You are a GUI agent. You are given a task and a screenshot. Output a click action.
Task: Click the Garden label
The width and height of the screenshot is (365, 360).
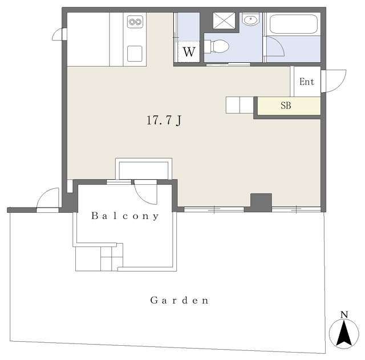click(179, 300)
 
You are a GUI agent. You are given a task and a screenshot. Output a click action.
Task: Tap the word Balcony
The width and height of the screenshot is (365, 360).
click(125, 216)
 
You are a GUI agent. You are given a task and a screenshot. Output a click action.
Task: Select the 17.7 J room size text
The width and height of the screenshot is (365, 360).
click(164, 120)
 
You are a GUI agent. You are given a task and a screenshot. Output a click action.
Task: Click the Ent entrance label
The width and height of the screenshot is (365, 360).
click(307, 82)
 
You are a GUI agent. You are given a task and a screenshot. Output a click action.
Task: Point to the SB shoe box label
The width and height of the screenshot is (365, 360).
click(286, 106)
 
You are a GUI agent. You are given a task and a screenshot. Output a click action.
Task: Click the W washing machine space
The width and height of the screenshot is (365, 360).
click(189, 52)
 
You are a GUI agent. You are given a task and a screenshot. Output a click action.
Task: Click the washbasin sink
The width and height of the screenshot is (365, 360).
click(250, 19)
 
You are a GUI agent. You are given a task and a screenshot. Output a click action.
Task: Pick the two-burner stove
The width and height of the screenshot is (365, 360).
click(135, 22)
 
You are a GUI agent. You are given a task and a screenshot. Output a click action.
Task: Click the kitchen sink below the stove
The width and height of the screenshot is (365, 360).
click(135, 54)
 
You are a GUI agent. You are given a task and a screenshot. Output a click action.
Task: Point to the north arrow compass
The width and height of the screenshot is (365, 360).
click(344, 334)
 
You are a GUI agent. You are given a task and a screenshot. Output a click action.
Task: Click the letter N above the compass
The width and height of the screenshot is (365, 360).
click(344, 314)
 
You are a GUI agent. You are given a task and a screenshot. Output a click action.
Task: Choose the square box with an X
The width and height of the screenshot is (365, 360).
click(224, 21)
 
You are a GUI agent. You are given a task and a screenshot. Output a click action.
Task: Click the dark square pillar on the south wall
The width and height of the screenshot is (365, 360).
click(261, 203)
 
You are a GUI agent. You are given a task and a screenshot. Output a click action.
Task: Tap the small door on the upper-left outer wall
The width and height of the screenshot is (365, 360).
click(59, 34)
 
